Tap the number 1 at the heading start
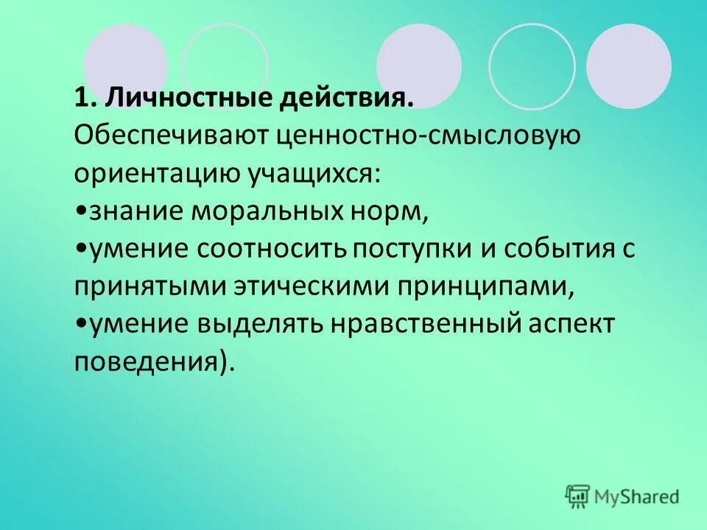pyautogui.click(x=80, y=96)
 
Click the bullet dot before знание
pyautogui.click(x=80, y=212)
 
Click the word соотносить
pyautogui.click(x=272, y=250)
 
